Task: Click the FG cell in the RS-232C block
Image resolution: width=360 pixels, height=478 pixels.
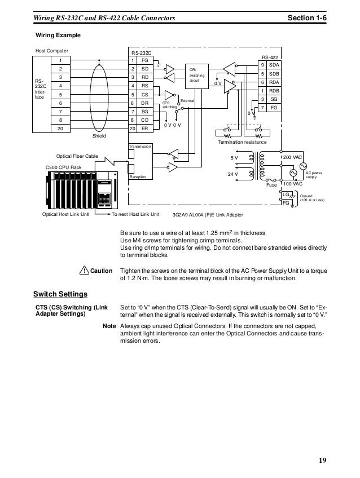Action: [145, 60]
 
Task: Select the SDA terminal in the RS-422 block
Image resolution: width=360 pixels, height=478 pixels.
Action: [275, 65]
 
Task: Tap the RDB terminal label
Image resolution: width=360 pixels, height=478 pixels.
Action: [275, 91]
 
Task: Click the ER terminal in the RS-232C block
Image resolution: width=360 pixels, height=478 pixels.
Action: [145, 128]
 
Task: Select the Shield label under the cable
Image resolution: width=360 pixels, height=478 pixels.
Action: [99, 136]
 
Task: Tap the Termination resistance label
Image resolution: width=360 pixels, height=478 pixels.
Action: [242, 143]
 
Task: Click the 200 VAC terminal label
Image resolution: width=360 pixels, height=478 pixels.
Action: [293, 157]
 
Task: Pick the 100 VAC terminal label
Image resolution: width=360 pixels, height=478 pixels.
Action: [293, 184]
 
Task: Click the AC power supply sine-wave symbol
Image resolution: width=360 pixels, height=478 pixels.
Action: [293, 172]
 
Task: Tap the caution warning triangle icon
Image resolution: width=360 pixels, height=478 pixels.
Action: [84, 271]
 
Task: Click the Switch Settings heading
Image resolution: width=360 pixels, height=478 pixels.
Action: [60, 294]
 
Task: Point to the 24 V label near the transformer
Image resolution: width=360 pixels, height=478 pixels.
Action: [232, 174]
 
